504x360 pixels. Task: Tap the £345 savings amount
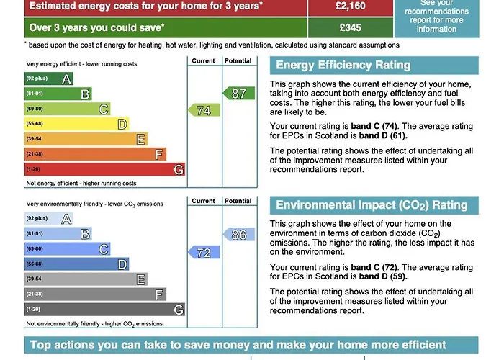coord(351,28)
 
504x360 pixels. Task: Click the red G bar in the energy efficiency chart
coord(104,170)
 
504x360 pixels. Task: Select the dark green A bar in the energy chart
coord(48,78)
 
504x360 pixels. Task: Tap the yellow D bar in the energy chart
coord(76,124)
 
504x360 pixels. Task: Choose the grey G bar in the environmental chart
coord(104,310)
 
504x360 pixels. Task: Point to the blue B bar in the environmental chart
coord(58,234)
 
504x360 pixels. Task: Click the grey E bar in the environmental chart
coord(86,279)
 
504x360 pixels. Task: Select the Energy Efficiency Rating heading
coord(343,66)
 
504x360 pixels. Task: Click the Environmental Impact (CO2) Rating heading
coord(372,205)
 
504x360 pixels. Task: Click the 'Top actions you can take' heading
coord(238,346)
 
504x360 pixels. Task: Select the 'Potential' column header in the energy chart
coord(238,61)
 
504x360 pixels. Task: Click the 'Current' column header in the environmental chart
coord(204,201)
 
